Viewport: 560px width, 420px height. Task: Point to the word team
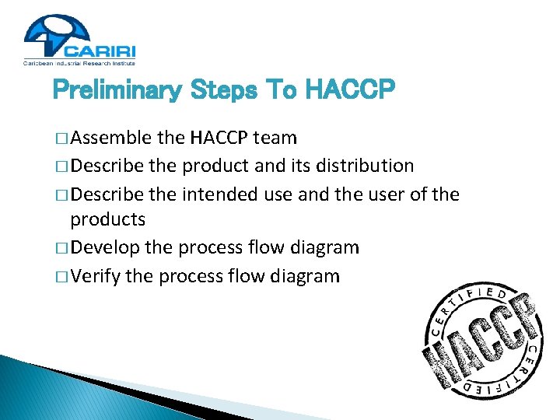(x=275, y=138)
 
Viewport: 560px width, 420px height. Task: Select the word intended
(x=219, y=193)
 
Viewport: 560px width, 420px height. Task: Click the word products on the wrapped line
(x=107, y=220)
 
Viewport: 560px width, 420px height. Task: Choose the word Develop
(x=107, y=248)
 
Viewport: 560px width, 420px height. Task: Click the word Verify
(x=96, y=275)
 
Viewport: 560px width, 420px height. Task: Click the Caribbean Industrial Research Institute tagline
(x=80, y=62)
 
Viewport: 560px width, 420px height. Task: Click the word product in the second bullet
(x=216, y=166)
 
